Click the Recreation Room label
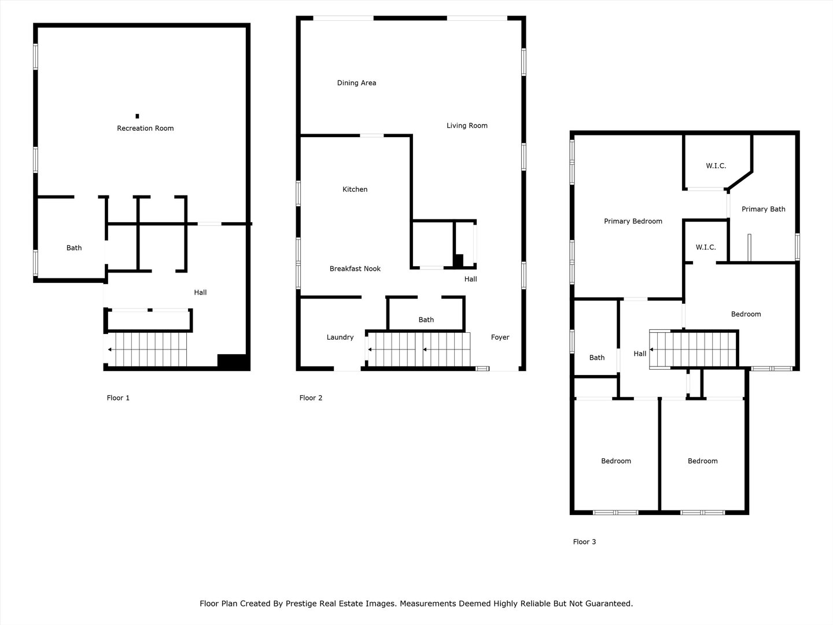145,128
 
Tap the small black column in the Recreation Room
137,116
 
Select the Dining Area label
357,83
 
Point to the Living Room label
467,126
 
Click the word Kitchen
355,189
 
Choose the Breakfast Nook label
355,269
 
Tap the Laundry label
340,337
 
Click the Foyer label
500,337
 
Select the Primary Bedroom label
633,221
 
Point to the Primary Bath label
763,209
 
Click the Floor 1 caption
118,398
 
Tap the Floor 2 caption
311,398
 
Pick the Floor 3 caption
584,542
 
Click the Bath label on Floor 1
74,248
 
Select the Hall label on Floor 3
640,354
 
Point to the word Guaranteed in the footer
610,604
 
